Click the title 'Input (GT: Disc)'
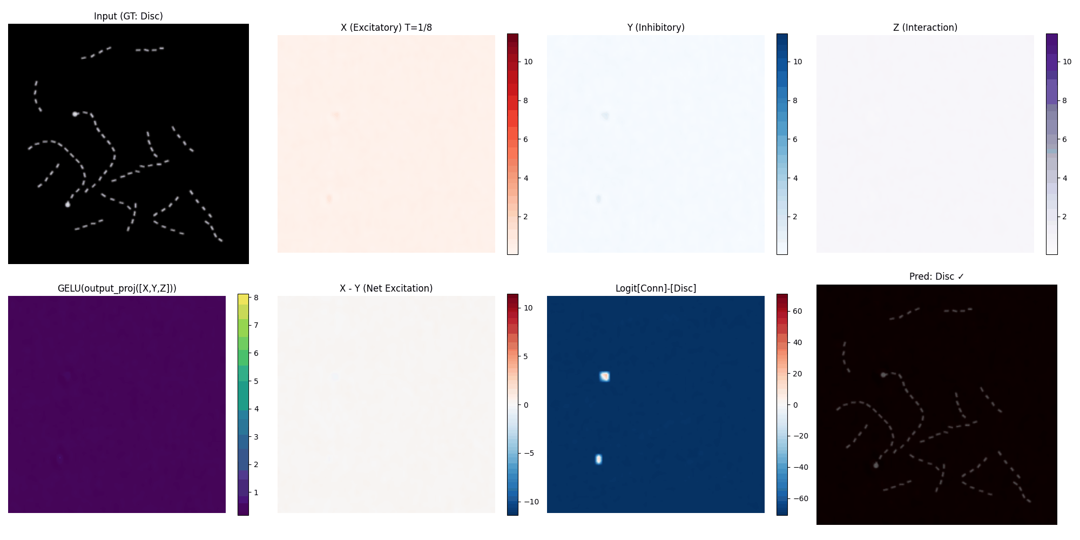[128, 16]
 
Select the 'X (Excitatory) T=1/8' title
[386, 28]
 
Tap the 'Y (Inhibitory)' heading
[656, 28]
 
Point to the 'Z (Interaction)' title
[925, 28]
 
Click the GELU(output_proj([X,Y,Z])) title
[117, 288]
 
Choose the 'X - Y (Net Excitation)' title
[386, 288]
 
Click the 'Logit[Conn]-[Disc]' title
[656, 288]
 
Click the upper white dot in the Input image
[75, 114]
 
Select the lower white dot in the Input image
[67, 205]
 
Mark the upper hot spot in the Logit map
[605, 376]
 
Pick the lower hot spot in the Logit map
[598, 460]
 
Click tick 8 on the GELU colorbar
[256, 298]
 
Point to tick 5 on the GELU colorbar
[256, 381]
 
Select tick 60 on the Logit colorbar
[797, 311]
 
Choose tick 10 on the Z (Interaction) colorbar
[1066, 62]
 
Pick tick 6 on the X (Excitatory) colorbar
[526, 139]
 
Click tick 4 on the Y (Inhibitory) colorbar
[795, 178]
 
